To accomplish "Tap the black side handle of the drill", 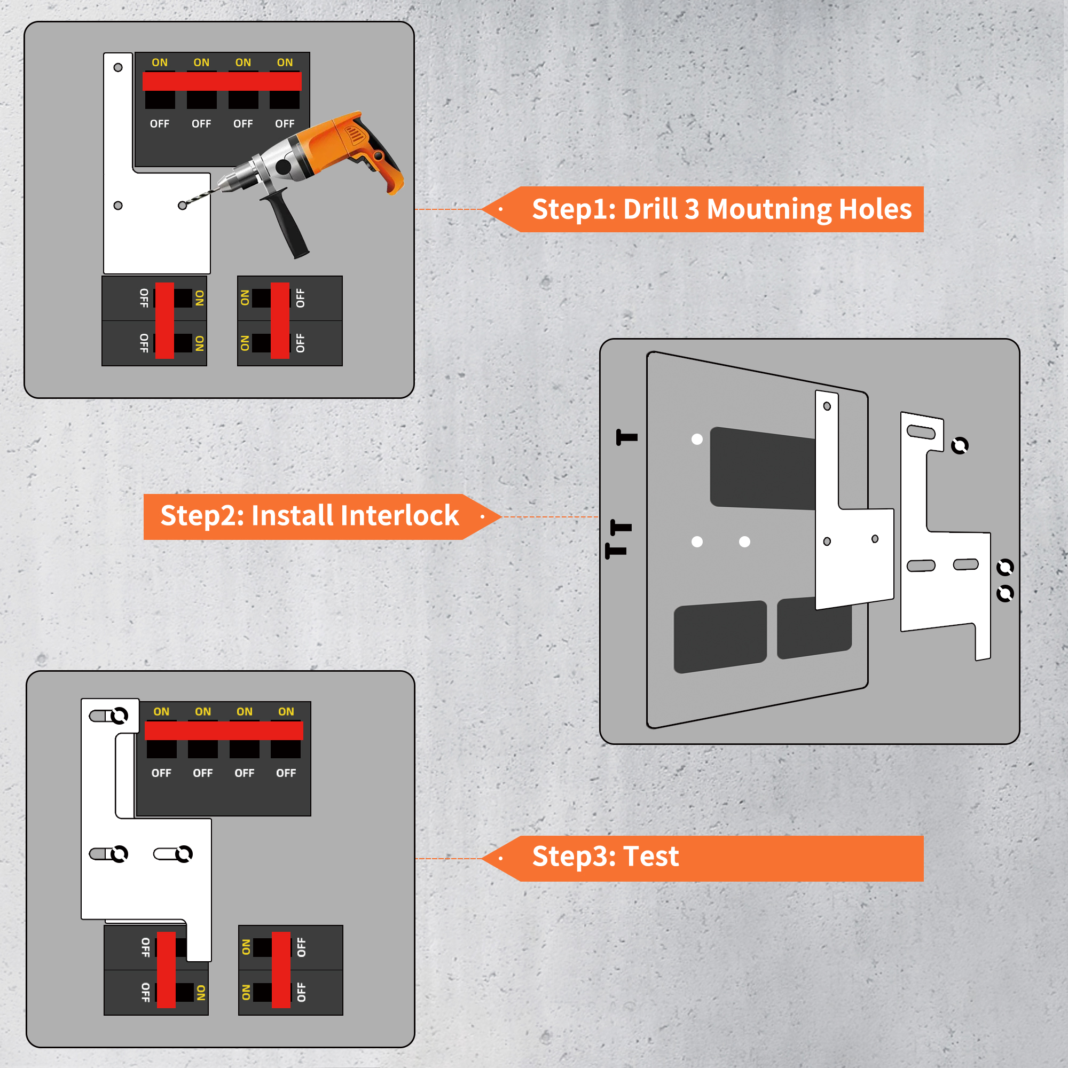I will (287, 224).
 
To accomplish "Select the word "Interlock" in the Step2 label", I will (355, 516).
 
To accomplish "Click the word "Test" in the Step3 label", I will (650, 857).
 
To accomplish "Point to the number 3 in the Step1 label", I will (692, 209).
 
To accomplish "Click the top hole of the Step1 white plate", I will (117, 67).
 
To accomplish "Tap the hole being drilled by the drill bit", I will (183, 206).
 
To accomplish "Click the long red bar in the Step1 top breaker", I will (222, 81).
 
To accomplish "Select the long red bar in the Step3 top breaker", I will (224, 731).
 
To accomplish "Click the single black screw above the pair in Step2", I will (627, 438).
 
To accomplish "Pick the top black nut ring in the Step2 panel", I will (960, 445).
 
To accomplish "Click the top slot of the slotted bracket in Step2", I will (922, 431).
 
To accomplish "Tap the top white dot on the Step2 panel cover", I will (697, 439).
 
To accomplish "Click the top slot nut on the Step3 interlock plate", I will (119, 716).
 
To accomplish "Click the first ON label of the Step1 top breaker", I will (160, 62).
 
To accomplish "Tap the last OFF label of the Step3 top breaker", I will (286, 773).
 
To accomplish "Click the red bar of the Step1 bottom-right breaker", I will (280, 320).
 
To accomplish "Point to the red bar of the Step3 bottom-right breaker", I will (281, 970).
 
